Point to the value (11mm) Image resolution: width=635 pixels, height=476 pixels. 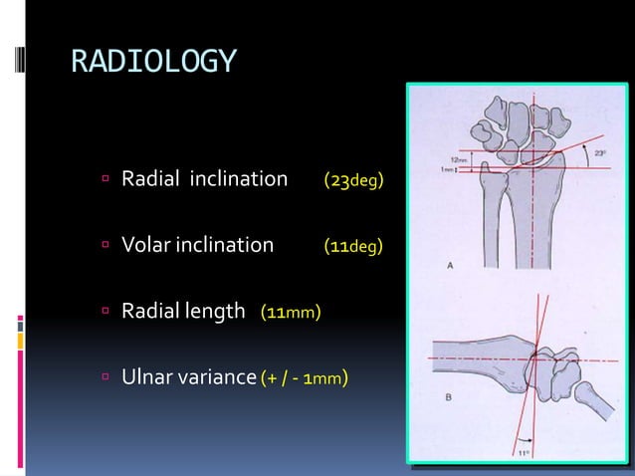[x=291, y=313]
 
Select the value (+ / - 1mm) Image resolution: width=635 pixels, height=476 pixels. [x=304, y=378]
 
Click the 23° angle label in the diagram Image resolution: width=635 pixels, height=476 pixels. [x=599, y=153]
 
